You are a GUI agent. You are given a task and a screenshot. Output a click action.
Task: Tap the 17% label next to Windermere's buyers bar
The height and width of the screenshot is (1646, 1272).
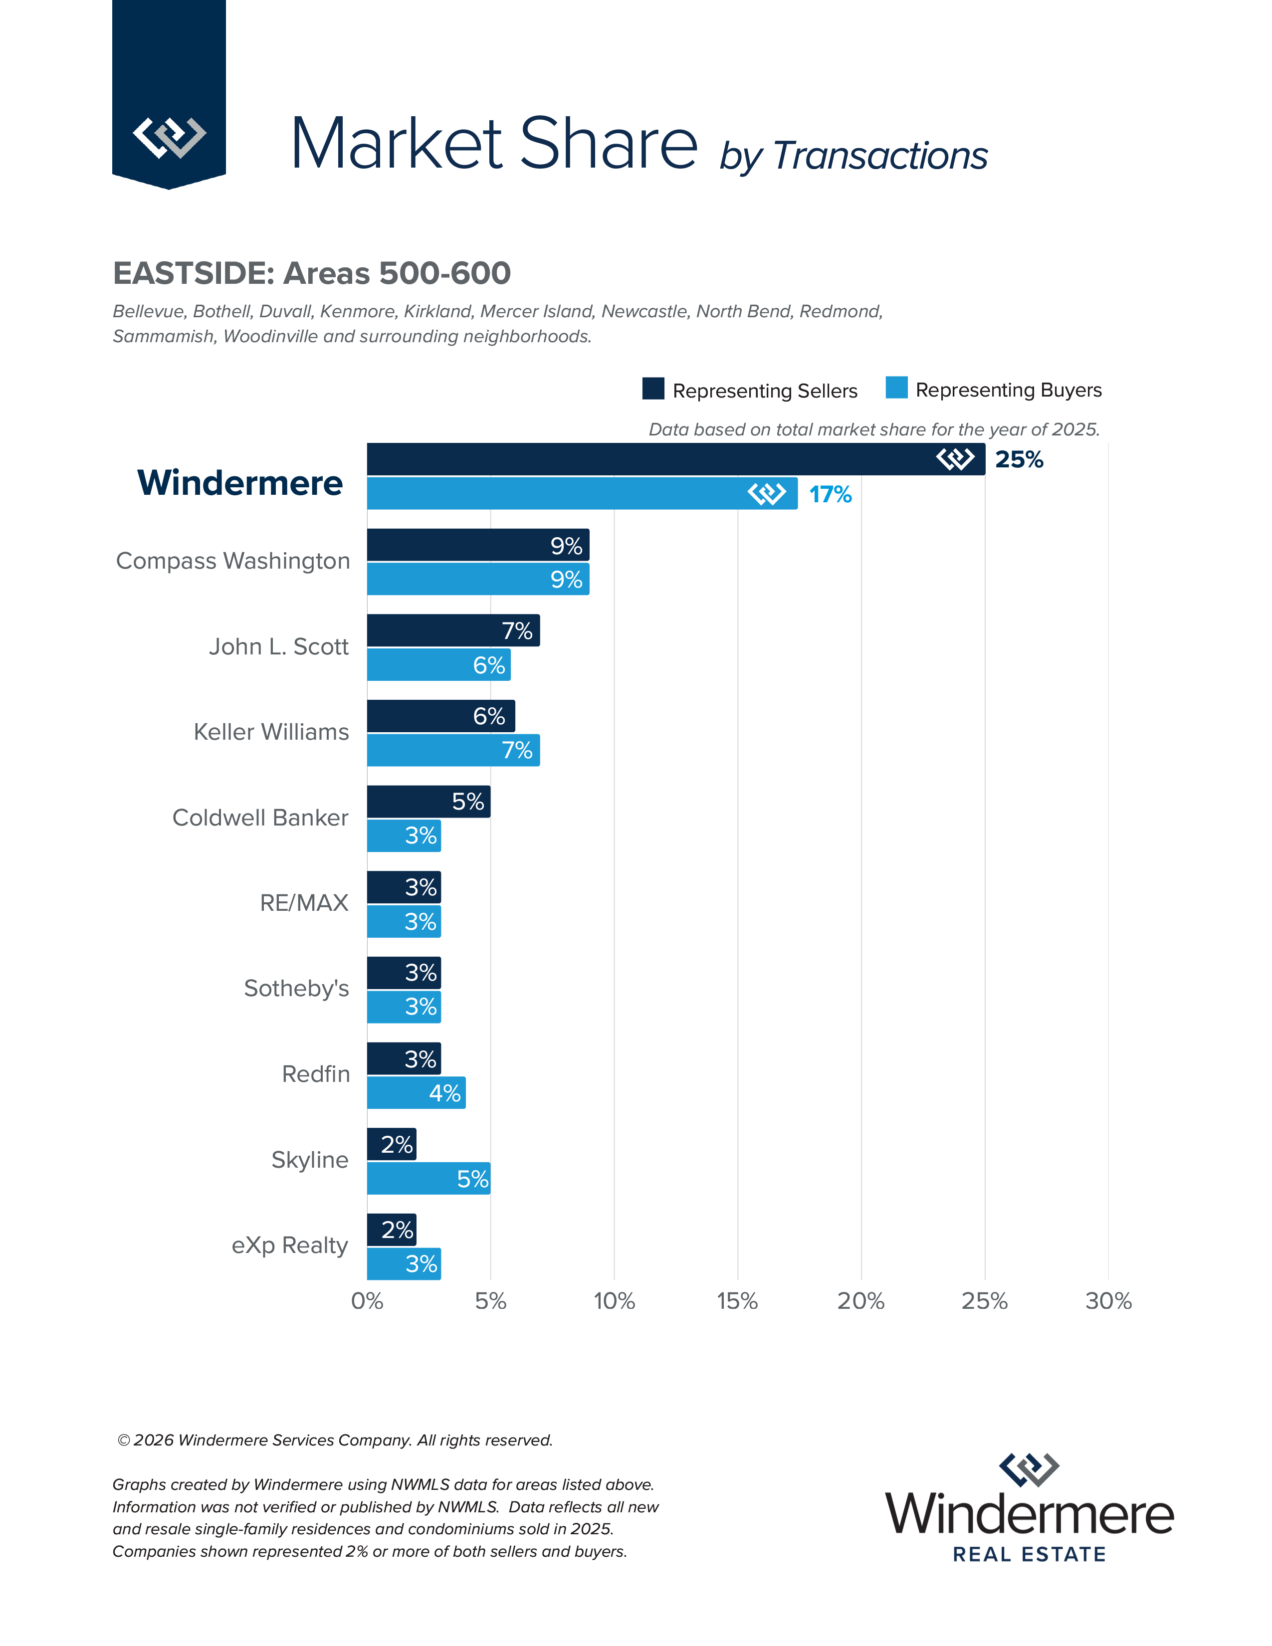pyautogui.click(x=830, y=494)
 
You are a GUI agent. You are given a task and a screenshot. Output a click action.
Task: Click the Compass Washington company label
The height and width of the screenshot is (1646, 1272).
pyautogui.click(x=233, y=561)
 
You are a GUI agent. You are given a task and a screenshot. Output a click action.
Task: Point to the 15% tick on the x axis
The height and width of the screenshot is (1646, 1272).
pyautogui.click(x=737, y=1301)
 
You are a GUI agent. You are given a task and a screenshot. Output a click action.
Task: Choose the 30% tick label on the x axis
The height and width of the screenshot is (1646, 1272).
pyautogui.click(x=1108, y=1301)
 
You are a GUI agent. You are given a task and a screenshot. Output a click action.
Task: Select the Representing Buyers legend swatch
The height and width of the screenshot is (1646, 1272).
pyautogui.click(x=896, y=388)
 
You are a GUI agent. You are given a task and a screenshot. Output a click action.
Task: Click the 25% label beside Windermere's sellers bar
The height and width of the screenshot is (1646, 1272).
pyautogui.click(x=1019, y=459)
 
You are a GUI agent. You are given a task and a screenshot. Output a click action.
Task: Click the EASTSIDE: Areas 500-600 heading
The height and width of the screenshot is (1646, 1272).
pyautogui.click(x=312, y=273)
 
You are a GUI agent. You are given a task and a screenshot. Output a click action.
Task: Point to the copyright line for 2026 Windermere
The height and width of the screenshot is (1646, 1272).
pyautogui.click(x=335, y=1440)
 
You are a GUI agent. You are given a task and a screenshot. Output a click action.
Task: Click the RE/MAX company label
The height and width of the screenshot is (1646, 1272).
pyautogui.click(x=304, y=902)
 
